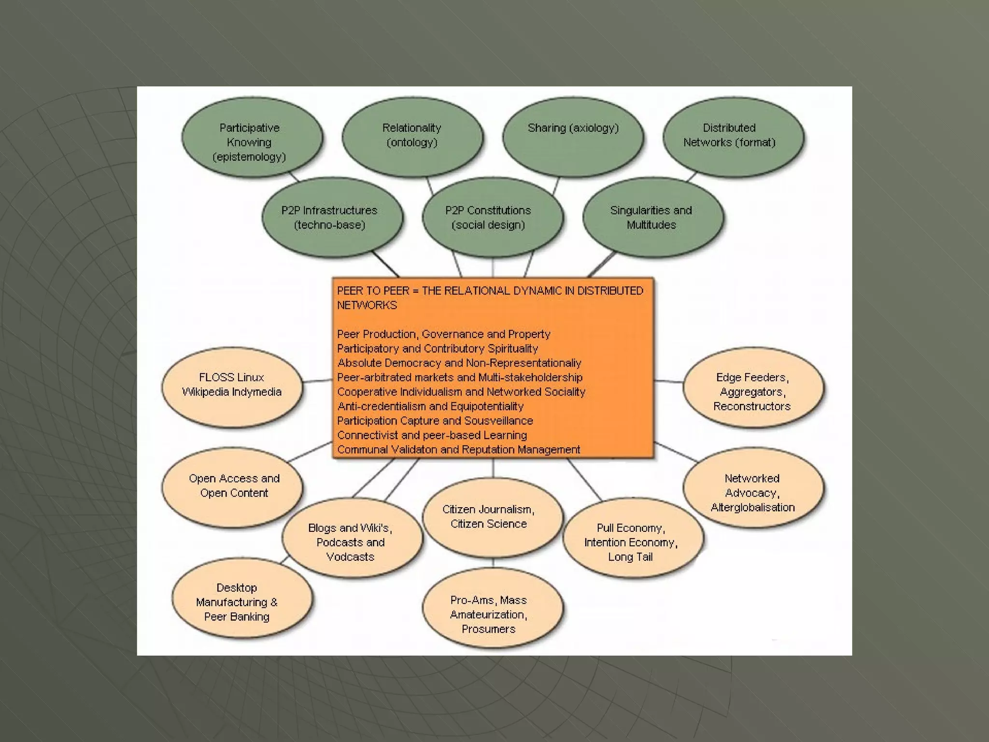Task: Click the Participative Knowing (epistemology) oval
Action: [x=252, y=138]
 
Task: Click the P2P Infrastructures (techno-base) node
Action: [x=332, y=217]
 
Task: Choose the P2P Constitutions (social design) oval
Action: [x=492, y=217]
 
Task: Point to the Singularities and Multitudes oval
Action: [x=652, y=217]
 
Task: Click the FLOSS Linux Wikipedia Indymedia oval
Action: [x=232, y=386]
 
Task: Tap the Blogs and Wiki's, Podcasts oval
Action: [x=352, y=538]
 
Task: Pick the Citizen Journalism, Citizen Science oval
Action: [x=492, y=517]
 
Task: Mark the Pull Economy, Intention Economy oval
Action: [x=633, y=538]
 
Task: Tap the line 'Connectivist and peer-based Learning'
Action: [x=432, y=435]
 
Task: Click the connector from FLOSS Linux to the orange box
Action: [x=317, y=381]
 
